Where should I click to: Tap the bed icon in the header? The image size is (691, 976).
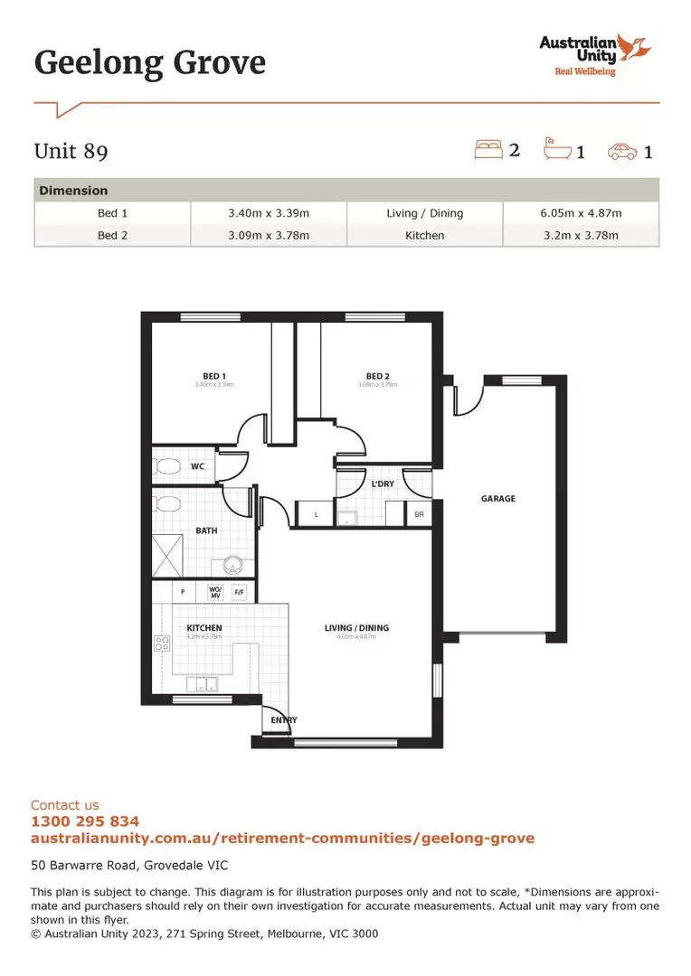[488, 149]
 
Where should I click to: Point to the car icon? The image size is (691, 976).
[622, 151]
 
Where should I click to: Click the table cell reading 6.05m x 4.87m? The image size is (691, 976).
[581, 213]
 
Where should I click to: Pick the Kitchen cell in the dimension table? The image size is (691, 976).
[424, 235]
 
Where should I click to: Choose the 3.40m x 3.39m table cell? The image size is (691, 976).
[269, 213]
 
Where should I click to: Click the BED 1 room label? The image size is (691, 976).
[214, 376]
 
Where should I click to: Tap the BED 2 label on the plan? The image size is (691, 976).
[378, 376]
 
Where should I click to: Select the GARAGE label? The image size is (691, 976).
[498, 498]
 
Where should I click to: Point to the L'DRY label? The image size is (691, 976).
[383, 484]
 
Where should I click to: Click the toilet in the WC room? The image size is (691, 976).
[166, 466]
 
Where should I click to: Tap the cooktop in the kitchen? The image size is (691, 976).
[163, 644]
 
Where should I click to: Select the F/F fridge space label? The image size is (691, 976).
[240, 593]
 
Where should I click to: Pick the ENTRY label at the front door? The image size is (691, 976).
[284, 720]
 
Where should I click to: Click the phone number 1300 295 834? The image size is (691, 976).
[85, 821]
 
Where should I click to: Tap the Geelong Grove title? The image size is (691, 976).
[150, 63]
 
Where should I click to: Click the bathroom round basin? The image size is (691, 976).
[232, 567]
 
